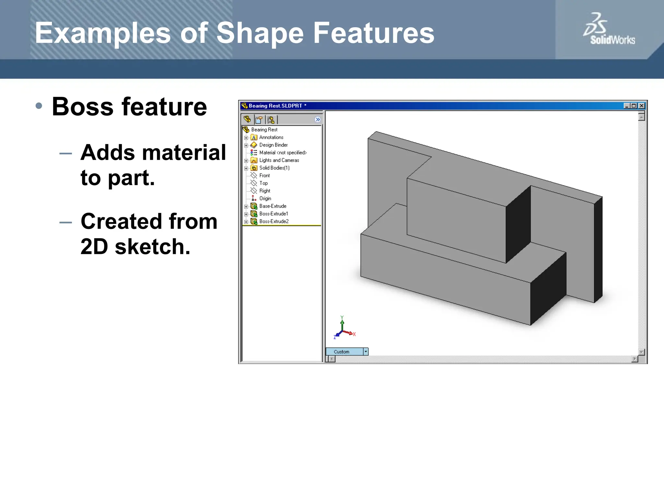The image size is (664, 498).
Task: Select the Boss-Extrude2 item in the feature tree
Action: point(274,221)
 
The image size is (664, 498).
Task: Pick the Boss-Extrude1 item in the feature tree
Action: point(273,214)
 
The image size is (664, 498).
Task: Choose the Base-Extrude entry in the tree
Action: point(272,206)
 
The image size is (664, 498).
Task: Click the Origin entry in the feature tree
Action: point(265,198)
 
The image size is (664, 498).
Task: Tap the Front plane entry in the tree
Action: point(264,175)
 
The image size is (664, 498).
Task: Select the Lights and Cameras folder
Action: point(279,160)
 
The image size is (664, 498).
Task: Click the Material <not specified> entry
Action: point(282,153)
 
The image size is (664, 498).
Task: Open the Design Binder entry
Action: point(273,145)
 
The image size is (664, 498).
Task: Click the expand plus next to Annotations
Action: point(246,138)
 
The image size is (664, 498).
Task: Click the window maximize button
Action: point(634,106)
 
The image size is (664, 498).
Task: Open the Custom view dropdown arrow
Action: point(366,351)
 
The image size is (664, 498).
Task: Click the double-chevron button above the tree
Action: point(318,120)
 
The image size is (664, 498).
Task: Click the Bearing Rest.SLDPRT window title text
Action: point(275,106)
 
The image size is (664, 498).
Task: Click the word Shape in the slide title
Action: point(260,33)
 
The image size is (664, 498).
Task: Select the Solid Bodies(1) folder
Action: point(274,168)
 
